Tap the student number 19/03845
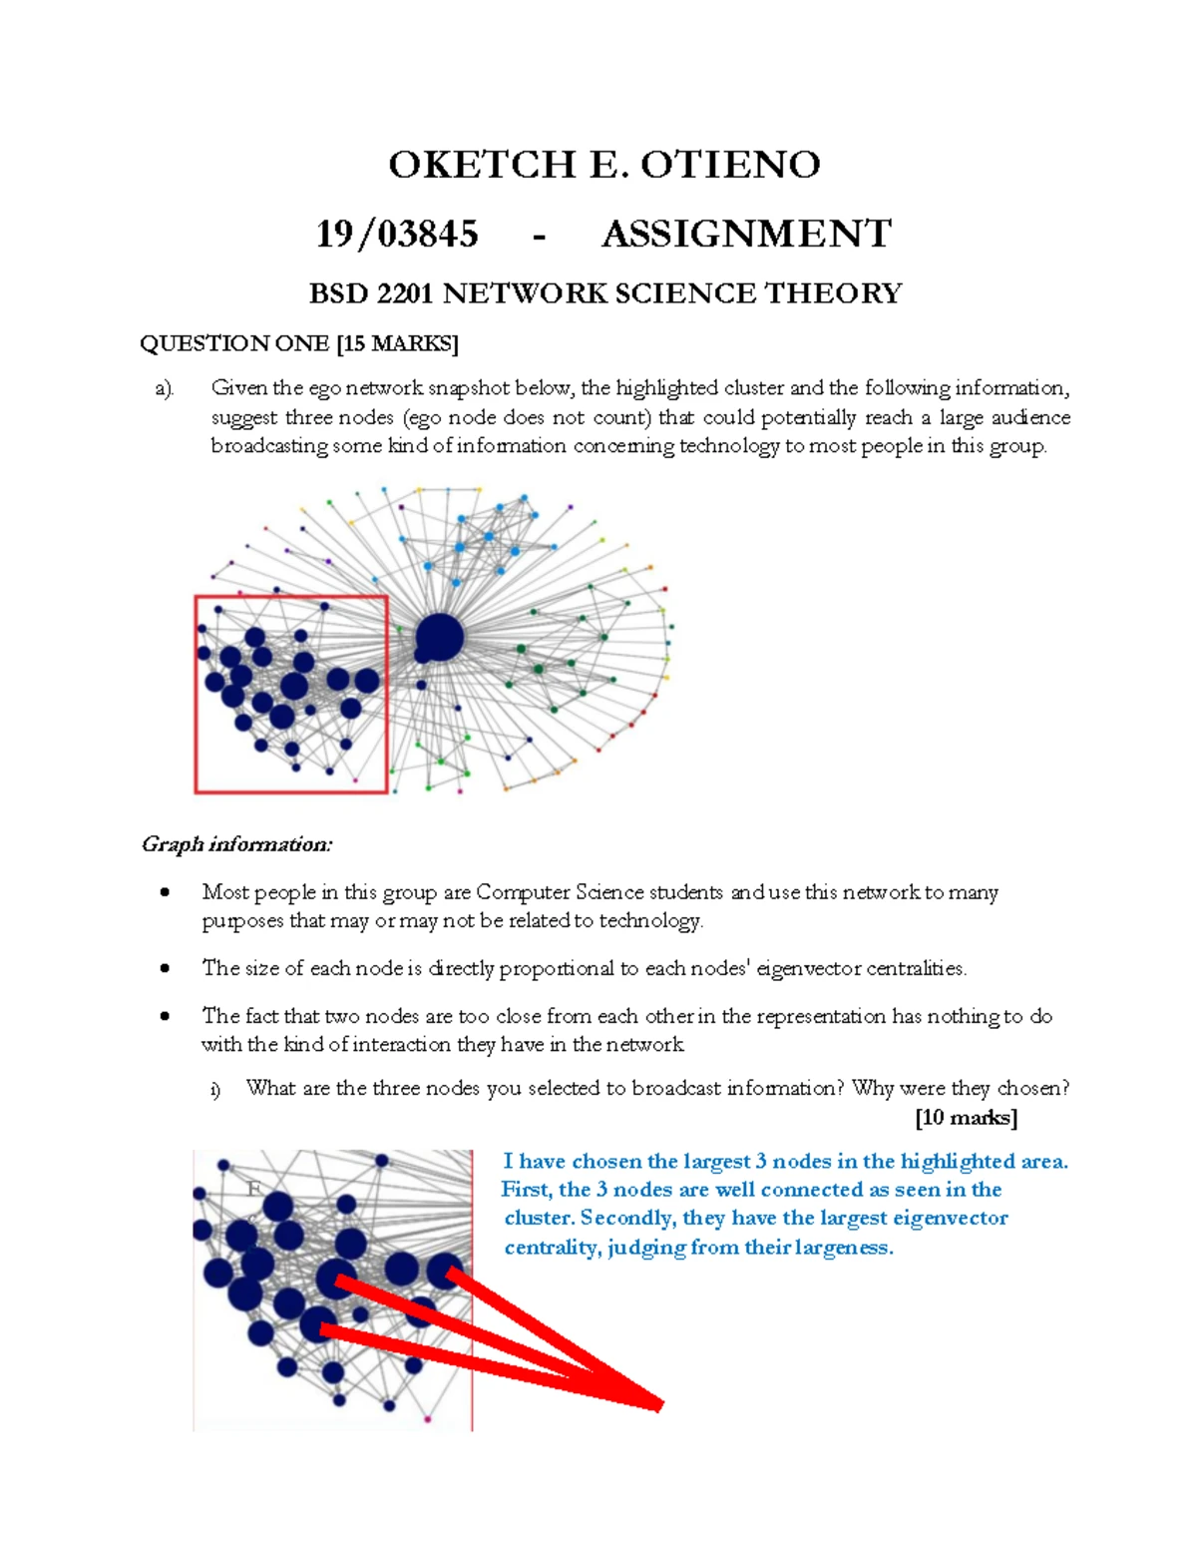pos(397,235)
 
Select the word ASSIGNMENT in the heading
pos(746,235)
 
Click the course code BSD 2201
pos(372,293)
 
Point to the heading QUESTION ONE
pos(234,344)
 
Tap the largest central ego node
pos(439,637)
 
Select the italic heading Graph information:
pos(236,844)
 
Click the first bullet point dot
pos(165,892)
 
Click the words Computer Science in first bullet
pos(560,892)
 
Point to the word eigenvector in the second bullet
pos(809,968)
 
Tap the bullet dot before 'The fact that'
pos(165,1016)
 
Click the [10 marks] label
pos(966,1117)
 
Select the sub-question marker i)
pos(215,1089)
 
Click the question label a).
pos(165,388)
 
